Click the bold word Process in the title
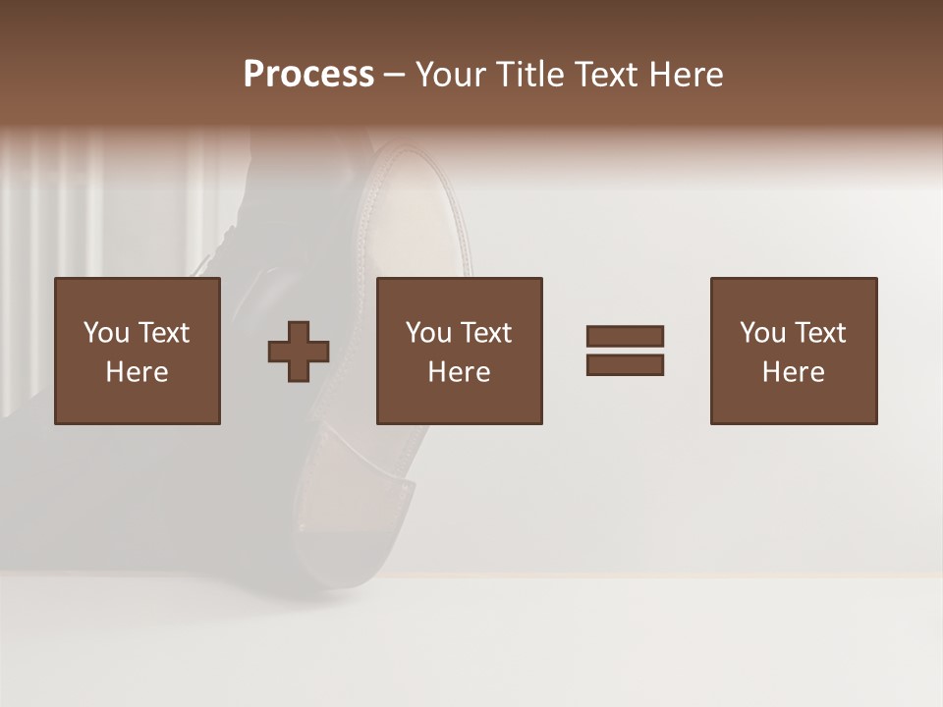(x=308, y=75)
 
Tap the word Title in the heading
(x=532, y=75)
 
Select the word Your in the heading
(x=454, y=75)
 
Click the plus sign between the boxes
(x=299, y=351)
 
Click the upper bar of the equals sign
(x=625, y=336)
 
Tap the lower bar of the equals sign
(x=625, y=364)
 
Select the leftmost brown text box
(x=138, y=351)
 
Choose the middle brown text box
(x=460, y=351)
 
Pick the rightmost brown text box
(x=794, y=351)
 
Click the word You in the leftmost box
(x=106, y=333)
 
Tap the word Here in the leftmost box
(x=138, y=372)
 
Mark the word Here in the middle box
(x=460, y=372)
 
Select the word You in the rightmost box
(x=762, y=333)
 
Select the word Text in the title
(x=603, y=75)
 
